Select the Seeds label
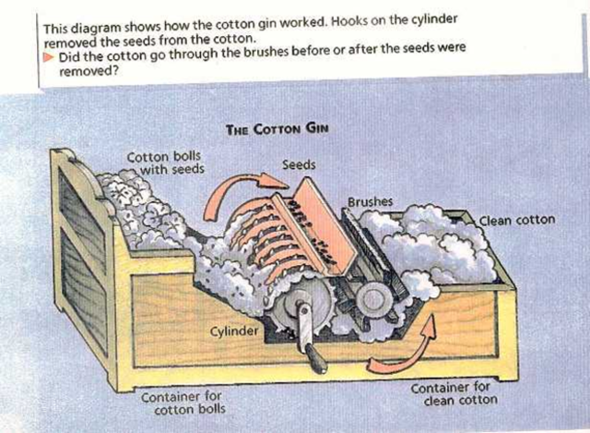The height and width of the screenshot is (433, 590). [298, 164]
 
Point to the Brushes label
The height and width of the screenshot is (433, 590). [371, 200]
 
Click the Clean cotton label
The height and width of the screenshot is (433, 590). [517, 221]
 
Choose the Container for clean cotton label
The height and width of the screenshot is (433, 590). [454, 394]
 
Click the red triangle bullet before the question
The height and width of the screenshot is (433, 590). [50, 57]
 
